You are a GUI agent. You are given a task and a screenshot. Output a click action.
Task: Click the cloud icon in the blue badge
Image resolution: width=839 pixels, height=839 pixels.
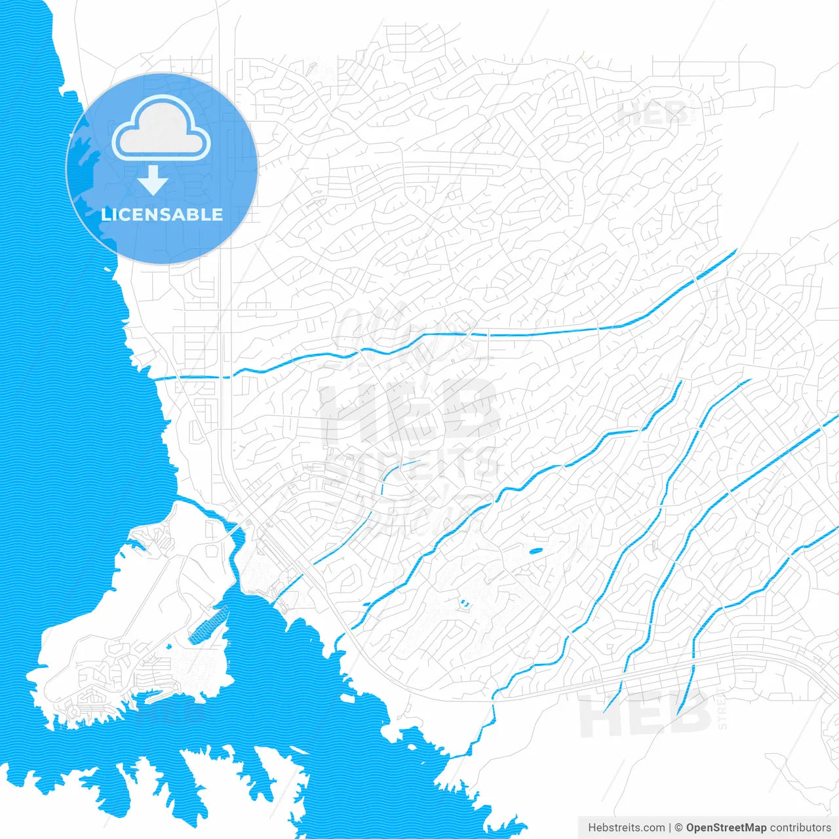tap(161, 129)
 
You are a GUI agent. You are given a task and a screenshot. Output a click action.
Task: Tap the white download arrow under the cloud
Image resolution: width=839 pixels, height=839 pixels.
tap(153, 180)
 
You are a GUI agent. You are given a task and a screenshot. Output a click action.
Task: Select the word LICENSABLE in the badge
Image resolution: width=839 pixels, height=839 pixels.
tap(162, 214)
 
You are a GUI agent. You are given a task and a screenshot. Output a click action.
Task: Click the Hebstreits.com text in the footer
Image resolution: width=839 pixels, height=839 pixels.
tap(626, 828)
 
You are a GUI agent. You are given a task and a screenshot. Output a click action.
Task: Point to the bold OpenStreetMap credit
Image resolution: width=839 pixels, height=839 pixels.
tap(726, 828)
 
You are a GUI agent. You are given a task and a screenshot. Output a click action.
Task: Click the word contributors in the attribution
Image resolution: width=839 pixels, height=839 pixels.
tap(800, 828)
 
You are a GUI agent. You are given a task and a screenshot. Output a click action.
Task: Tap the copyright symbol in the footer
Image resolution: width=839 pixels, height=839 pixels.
tap(679, 828)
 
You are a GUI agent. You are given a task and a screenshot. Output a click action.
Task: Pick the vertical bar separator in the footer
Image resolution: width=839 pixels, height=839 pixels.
tap(669, 828)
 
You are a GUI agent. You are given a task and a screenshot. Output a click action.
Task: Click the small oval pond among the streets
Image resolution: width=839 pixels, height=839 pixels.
tap(536, 551)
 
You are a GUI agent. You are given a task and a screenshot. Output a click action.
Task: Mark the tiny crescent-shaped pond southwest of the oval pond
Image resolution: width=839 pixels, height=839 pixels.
tap(465, 603)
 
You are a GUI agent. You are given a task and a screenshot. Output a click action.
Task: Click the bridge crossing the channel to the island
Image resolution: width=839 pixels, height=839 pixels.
tap(233, 528)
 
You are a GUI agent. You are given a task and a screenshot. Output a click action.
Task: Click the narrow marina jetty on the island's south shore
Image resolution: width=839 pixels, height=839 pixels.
tap(154, 692)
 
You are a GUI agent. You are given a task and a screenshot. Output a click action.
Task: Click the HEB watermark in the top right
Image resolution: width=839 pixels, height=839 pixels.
tap(652, 115)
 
